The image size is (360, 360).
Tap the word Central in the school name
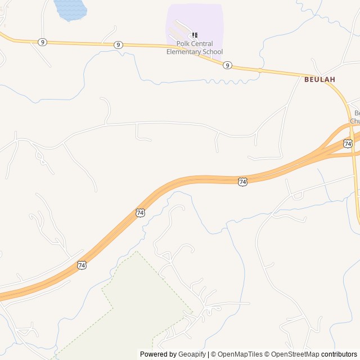click(202, 44)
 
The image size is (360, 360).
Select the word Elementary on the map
click(185, 52)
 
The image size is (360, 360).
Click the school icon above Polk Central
click(195, 35)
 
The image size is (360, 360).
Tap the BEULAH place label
click(319, 79)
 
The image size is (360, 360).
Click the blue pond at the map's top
click(70, 9)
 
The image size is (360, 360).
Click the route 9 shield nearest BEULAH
click(227, 65)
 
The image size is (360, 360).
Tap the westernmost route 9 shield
click(42, 42)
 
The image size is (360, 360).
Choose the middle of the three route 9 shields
click(118, 44)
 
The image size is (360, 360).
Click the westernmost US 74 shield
click(82, 264)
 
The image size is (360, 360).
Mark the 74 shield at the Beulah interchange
click(348, 144)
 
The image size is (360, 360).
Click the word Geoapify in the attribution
click(192, 354)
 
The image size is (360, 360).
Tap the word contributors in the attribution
click(339, 354)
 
